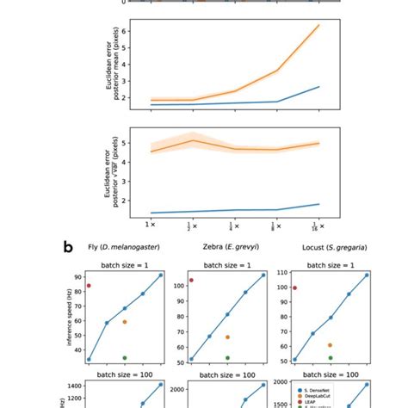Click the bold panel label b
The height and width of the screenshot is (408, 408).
pyautogui.click(x=68, y=247)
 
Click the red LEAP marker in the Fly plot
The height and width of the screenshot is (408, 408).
pyautogui.click(x=89, y=285)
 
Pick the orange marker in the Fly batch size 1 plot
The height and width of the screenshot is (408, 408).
pyautogui.click(x=125, y=322)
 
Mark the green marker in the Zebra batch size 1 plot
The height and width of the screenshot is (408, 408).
pyautogui.click(x=227, y=357)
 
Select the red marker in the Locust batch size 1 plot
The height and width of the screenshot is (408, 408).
pyautogui.click(x=294, y=287)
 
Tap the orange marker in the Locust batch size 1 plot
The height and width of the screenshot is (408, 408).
pyautogui.click(x=330, y=345)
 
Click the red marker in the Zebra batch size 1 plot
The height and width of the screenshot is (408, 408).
pyautogui.click(x=191, y=280)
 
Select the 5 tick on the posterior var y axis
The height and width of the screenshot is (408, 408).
pyautogui.click(x=125, y=143)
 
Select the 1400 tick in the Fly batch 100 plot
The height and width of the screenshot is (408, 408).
pyautogui.click(x=75, y=387)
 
